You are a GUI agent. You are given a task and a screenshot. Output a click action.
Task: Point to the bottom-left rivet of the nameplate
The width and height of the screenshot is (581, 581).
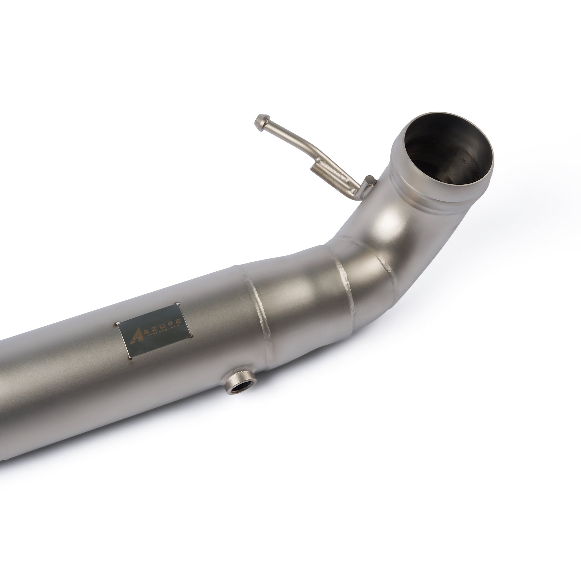click(130, 358)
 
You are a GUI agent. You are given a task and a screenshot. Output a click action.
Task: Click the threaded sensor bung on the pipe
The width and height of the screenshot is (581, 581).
click(239, 385)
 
